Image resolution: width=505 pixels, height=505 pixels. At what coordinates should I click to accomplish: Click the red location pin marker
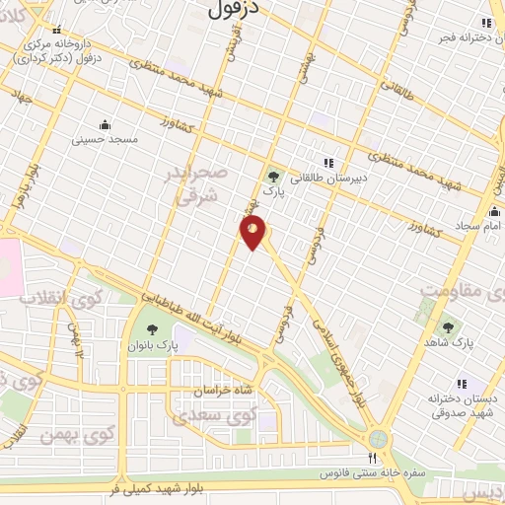point(253,232)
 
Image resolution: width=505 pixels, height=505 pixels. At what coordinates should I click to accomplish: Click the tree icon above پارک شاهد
point(450,325)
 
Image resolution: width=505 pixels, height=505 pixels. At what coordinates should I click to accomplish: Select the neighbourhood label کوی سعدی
point(214,416)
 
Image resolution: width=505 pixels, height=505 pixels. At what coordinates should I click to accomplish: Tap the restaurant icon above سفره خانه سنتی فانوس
point(372,458)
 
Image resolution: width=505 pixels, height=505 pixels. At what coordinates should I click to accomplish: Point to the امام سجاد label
point(477,227)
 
